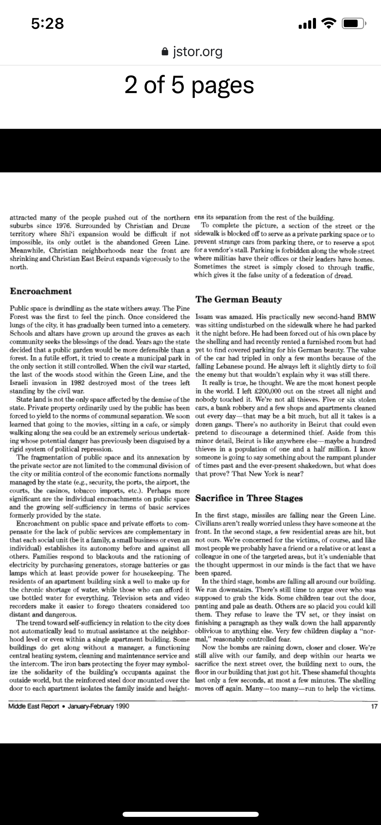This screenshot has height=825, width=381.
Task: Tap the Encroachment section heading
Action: click(x=41, y=291)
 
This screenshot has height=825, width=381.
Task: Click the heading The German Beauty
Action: click(x=239, y=299)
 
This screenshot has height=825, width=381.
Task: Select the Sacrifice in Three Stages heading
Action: click(x=249, y=498)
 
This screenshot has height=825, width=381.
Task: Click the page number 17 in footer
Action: click(x=374, y=706)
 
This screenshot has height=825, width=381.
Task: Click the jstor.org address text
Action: click(x=197, y=51)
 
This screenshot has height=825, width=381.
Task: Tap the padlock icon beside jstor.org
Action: click(x=165, y=51)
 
